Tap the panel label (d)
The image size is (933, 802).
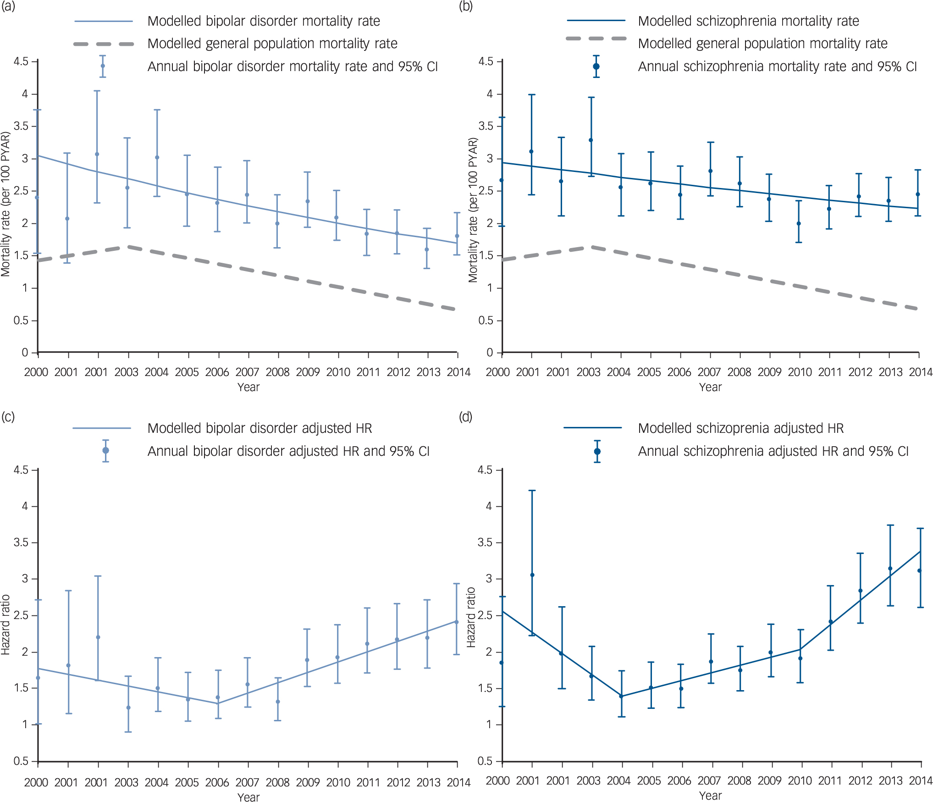(x=466, y=416)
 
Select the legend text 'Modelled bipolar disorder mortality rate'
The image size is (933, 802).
(x=264, y=21)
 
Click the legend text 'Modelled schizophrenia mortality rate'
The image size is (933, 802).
(x=748, y=21)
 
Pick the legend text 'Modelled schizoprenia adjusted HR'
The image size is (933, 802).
(x=740, y=428)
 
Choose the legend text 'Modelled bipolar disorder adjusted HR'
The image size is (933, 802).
(x=259, y=428)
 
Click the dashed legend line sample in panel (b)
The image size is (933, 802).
(x=596, y=39)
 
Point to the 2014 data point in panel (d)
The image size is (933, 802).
(x=919, y=571)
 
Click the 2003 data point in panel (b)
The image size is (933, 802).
(x=591, y=140)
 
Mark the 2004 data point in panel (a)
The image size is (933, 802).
(x=157, y=158)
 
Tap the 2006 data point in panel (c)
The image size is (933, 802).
(x=218, y=697)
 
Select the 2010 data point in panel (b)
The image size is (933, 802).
(x=799, y=224)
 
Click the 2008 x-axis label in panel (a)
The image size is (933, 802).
(x=278, y=372)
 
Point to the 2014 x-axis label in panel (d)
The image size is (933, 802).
(x=921, y=781)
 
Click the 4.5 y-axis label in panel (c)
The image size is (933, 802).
(x=21, y=470)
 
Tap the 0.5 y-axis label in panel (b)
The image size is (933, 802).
(x=486, y=321)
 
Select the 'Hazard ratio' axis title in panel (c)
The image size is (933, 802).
(x=6, y=625)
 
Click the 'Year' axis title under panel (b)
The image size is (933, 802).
(x=710, y=387)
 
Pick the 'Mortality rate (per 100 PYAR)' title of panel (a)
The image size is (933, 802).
(x=6, y=204)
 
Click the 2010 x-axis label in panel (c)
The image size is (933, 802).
(x=338, y=783)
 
